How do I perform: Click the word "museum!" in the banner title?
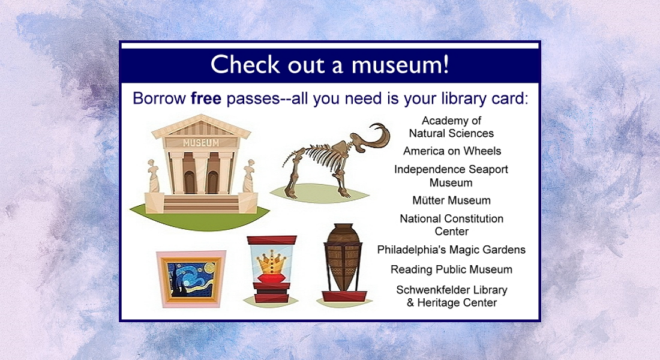[400, 65]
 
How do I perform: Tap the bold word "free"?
[206, 98]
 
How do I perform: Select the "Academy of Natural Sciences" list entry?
[451, 127]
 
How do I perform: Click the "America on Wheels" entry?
[452, 151]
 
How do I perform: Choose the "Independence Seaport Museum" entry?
[451, 176]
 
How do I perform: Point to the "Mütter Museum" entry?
[451, 200]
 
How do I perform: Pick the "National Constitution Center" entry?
[451, 225]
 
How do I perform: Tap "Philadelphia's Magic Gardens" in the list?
[451, 250]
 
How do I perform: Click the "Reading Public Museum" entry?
[451, 269]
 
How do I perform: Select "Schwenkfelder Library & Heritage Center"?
[452, 296]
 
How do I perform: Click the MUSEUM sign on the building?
[201, 143]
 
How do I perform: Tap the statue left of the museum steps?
[153, 176]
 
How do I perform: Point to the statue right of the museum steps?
[249, 176]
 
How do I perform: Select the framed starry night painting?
[191, 279]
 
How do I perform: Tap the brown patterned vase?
[343, 257]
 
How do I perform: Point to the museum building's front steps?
[200, 204]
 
